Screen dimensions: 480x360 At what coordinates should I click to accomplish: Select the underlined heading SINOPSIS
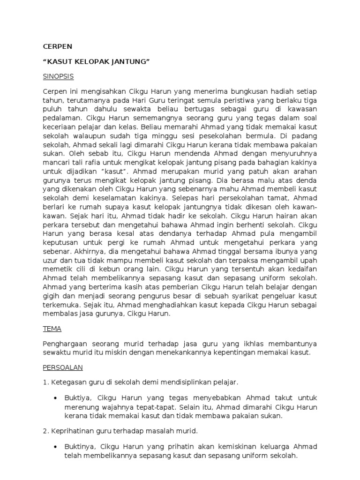(x=59, y=76)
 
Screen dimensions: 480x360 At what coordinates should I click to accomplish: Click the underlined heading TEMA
(x=52, y=329)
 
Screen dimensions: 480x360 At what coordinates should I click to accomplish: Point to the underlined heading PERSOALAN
(x=63, y=368)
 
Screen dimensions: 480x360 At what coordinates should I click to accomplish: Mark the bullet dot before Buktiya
(x=55, y=398)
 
